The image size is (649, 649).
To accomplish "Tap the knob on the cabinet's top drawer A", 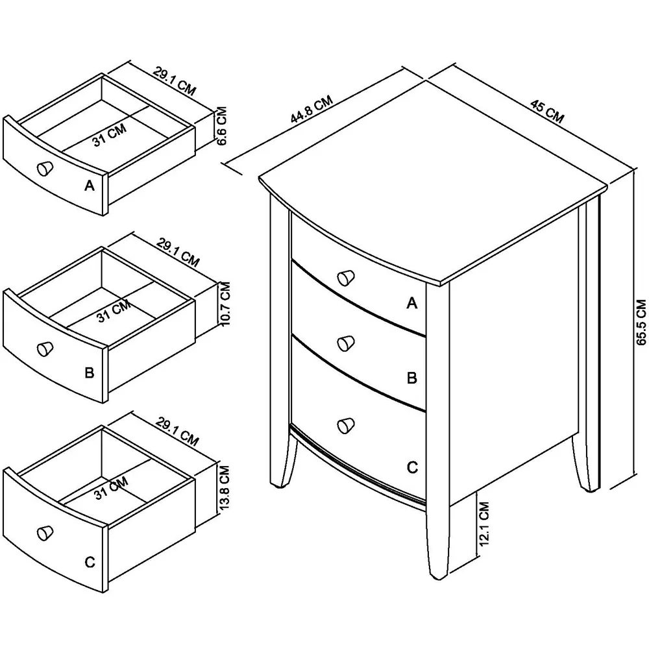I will coord(347,277).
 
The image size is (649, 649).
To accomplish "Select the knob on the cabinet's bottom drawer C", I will coord(346,424).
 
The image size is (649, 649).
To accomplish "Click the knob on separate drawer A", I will coord(45,168).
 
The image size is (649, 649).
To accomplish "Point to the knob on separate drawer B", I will coord(45,349).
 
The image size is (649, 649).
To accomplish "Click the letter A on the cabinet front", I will coord(411,302).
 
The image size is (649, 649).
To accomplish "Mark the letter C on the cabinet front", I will coord(411,467).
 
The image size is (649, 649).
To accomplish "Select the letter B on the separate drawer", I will coord(90,373).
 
